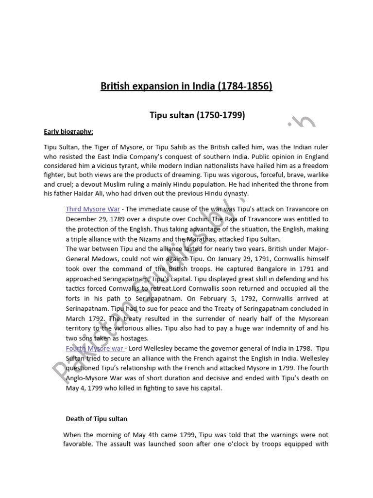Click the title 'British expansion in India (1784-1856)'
(186, 87)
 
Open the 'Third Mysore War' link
(93, 209)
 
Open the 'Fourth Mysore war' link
(95, 348)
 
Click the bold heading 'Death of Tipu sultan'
(97, 418)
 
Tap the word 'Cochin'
(199, 219)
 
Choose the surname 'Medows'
(104, 259)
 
